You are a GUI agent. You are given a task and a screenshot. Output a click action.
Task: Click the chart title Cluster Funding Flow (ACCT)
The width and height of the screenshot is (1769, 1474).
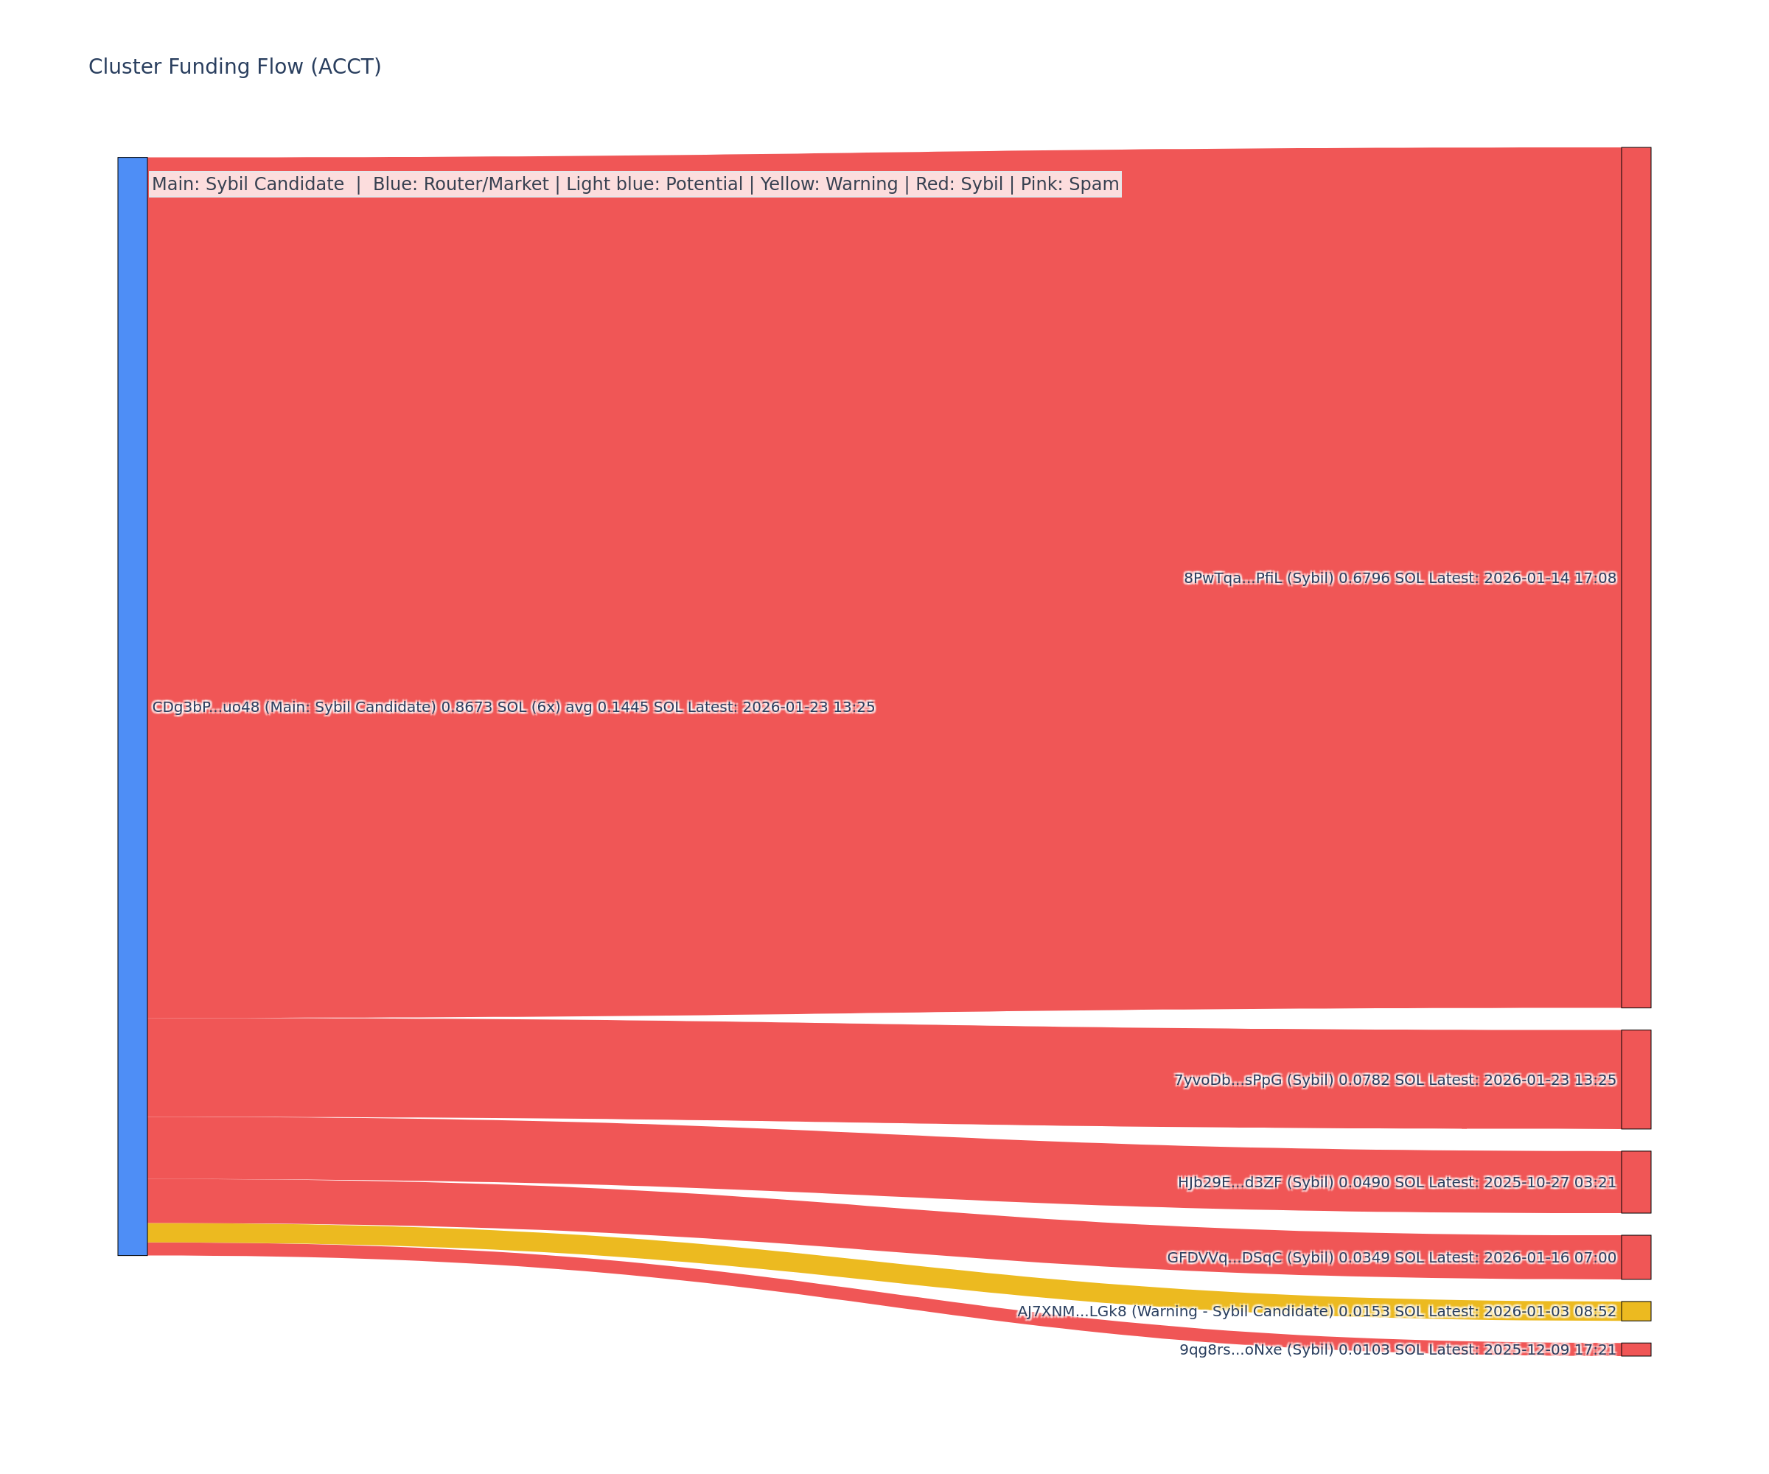point(234,66)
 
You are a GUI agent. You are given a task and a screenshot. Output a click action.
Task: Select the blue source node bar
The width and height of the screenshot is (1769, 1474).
point(132,706)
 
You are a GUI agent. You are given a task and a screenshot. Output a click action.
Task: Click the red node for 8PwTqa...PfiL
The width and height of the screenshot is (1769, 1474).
point(1636,577)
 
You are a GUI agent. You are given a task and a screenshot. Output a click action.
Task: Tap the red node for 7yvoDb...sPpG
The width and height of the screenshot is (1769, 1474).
point(1636,1079)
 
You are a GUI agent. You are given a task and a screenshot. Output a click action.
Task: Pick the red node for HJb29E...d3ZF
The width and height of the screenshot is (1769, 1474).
point(1636,1181)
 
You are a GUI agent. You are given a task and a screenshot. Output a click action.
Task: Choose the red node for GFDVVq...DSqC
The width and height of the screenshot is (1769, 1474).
point(1636,1257)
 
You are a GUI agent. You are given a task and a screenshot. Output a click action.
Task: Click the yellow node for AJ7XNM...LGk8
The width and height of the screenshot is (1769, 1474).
point(1636,1310)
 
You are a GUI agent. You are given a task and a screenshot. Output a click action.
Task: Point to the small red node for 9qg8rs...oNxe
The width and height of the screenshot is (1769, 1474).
point(1636,1349)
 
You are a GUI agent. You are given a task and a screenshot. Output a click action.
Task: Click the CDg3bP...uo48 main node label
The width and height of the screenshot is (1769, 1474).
point(513,707)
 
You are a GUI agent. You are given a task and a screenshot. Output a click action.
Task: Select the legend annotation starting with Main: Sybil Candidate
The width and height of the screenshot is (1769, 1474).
point(635,184)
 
